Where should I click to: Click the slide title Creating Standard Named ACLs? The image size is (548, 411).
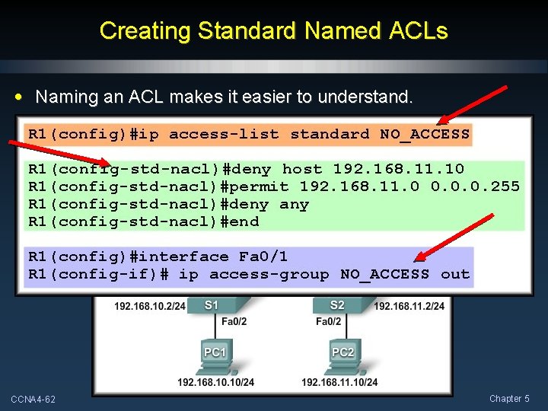273,30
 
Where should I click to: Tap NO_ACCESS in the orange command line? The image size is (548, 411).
425,135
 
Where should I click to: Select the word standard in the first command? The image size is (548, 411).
330,135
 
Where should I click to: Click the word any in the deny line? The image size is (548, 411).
294,204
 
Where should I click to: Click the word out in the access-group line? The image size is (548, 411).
455,274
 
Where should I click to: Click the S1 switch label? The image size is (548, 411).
212,305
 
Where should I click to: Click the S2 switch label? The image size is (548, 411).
337,305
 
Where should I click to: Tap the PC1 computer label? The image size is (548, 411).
215,352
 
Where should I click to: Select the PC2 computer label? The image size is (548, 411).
343,352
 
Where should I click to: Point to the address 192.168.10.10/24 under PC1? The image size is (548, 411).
215,382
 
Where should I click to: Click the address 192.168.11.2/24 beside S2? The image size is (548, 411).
409,306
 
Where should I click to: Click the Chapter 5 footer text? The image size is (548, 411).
511,399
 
